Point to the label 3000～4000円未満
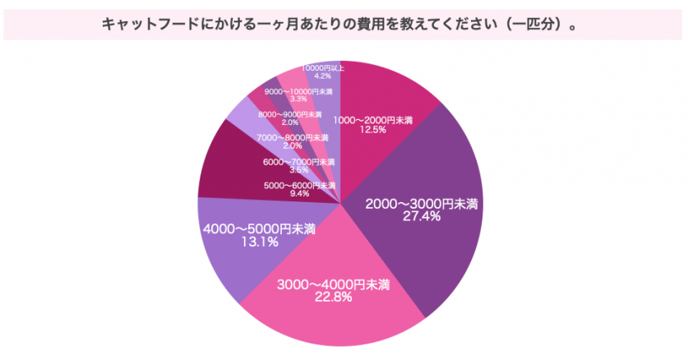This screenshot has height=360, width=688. (332, 285)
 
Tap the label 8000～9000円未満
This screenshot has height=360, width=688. (290, 114)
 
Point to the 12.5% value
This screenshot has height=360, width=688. (372, 129)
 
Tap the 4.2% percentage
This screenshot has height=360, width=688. (322, 76)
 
